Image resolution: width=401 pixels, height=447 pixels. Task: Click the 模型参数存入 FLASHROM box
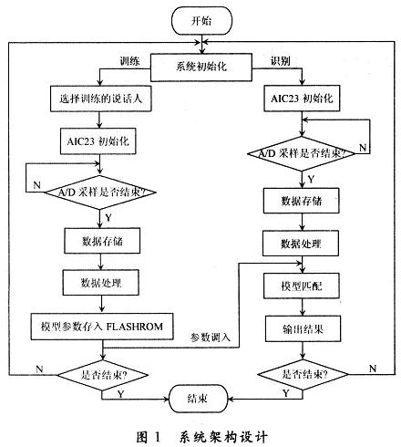[101, 324]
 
